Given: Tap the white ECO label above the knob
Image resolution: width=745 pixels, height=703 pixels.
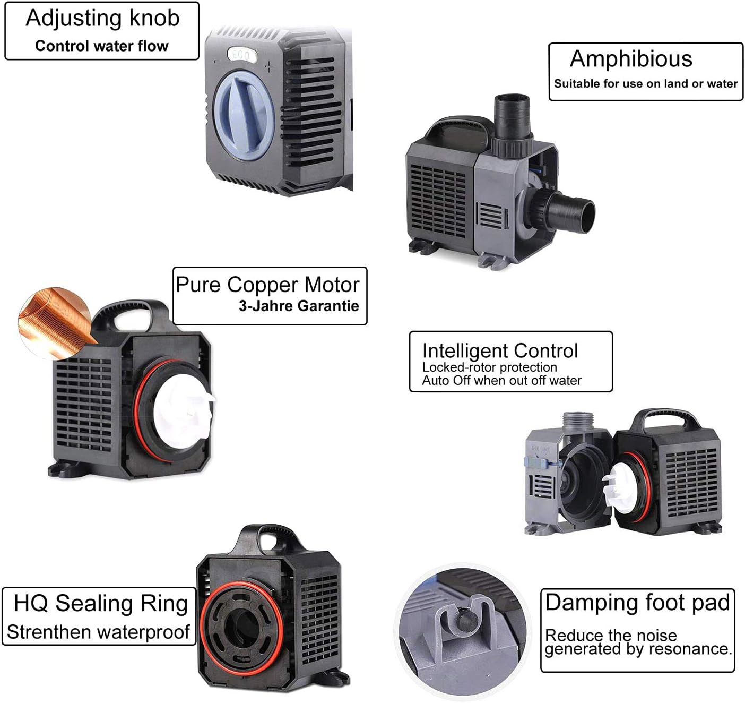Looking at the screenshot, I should click(242, 55).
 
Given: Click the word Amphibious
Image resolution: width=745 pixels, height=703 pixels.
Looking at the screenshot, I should click(631, 59).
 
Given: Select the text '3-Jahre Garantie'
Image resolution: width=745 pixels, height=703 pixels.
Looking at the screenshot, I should click(299, 306).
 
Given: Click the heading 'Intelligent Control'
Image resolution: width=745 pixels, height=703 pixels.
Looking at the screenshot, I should click(500, 351).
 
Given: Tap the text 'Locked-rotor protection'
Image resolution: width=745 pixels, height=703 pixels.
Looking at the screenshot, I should click(489, 367).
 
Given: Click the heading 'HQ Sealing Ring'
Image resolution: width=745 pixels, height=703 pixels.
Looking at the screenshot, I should click(101, 604).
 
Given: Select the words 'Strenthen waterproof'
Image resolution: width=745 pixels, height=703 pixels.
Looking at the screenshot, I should click(98, 632).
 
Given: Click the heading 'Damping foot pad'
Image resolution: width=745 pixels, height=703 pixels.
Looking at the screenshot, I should click(637, 603).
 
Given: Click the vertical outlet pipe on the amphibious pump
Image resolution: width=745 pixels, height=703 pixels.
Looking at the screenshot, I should click(511, 116).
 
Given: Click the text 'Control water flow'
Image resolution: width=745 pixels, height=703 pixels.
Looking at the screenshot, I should click(101, 46).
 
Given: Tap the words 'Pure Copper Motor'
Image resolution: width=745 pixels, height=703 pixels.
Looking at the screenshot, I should click(267, 285).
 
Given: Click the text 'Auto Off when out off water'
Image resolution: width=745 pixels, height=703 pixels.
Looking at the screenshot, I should click(501, 381).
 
